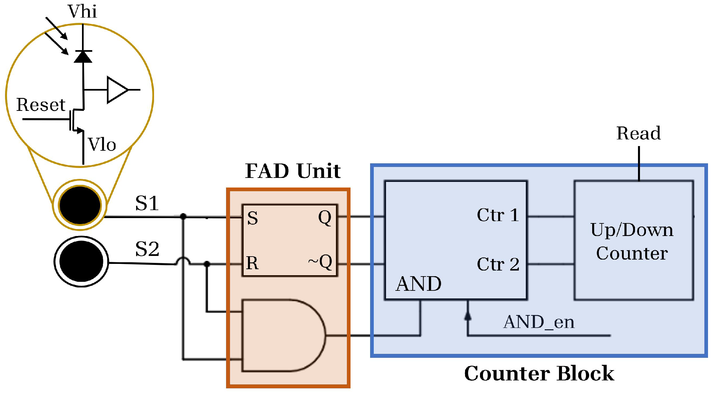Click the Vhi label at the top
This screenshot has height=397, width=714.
pos(82,12)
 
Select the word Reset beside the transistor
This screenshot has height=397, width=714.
pos(40,105)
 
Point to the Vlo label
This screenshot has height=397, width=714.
pos(102,145)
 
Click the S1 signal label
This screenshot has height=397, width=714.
pos(147,203)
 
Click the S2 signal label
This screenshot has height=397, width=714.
pos(147,249)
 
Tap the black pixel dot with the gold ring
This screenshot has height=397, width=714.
pos(80,205)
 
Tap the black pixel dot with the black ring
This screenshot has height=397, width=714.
pos(81,262)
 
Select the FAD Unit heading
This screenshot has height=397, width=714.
pos(293,171)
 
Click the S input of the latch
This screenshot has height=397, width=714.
pos(253,218)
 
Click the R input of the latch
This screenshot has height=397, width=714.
pos(252,263)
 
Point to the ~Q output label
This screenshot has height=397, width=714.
pos(320,262)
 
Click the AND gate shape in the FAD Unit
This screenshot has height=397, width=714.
pos(282,335)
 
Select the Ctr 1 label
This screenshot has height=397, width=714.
pos(498,215)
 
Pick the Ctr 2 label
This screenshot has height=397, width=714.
pos(498,265)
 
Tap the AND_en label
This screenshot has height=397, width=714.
pos(538,322)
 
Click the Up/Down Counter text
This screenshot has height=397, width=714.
pos(632,241)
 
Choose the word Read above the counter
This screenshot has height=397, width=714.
pos(638,133)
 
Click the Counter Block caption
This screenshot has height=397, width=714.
pos(539,373)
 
